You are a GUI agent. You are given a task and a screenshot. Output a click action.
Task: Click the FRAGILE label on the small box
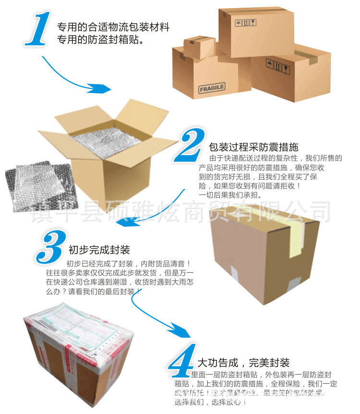(x=211, y=88)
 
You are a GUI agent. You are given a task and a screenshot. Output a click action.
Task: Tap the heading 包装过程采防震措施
(x=253, y=147)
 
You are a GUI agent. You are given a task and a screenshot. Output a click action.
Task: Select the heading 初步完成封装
(x=99, y=250)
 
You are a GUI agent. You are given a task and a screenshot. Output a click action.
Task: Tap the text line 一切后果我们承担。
(x=230, y=195)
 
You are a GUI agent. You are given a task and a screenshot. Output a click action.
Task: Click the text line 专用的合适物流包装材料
(x=113, y=27)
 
